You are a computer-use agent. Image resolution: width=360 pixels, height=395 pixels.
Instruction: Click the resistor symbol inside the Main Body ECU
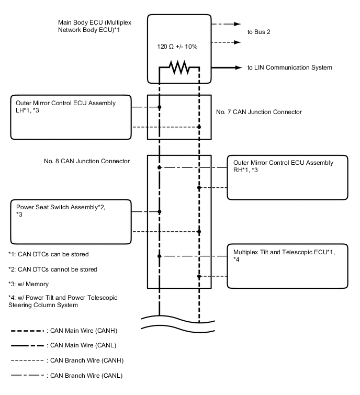click(x=179, y=67)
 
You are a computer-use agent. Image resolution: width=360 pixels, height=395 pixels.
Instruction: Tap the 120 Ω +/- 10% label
click(x=177, y=46)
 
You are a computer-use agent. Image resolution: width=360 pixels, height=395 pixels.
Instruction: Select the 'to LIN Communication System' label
click(x=289, y=67)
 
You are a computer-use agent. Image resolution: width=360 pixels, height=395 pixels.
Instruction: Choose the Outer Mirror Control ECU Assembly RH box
click(x=288, y=177)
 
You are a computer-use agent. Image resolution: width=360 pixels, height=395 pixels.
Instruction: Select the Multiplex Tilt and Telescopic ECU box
click(x=288, y=266)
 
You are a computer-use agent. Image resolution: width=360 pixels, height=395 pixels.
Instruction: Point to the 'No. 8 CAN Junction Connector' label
click(x=87, y=161)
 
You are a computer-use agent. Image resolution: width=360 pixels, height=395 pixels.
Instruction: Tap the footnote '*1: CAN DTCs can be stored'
click(x=48, y=254)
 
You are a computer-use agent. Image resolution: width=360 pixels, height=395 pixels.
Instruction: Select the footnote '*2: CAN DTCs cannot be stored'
click(x=52, y=269)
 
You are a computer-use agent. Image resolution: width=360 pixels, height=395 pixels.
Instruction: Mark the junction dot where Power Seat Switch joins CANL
click(x=160, y=211)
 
